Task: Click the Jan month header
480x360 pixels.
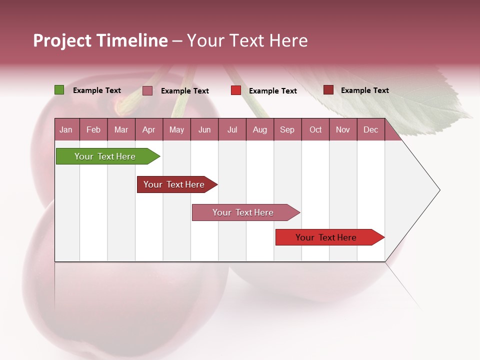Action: click(66, 129)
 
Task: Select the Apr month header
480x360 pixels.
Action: click(148, 129)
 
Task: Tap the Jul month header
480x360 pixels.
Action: click(232, 129)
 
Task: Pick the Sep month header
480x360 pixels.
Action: click(287, 129)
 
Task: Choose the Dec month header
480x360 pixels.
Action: click(370, 129)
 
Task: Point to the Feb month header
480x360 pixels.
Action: click(93, 129)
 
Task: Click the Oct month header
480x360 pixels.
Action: click(315, 129)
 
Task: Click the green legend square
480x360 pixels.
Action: click(59, 90)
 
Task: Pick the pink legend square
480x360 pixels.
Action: click(147, 90)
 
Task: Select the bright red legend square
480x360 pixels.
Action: click(236, 90)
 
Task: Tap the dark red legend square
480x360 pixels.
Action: click(328, 89)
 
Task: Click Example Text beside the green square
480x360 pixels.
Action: click(97, 90)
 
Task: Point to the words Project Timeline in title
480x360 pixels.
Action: click(100, 40)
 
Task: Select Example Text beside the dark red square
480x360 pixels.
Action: click(365, 90)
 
